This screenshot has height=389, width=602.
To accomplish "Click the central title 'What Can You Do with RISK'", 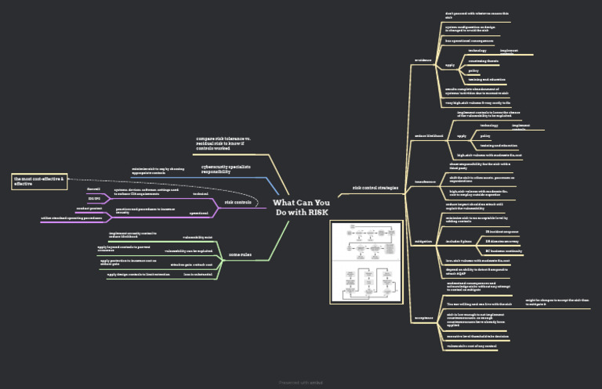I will tap(301, 207).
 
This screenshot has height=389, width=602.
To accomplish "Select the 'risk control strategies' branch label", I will tap(375, 188).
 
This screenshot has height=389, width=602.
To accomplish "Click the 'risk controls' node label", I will tap(238, 203).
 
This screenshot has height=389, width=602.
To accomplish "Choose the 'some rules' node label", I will tap(239, 254).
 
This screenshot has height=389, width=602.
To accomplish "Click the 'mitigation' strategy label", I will tap(423, 241).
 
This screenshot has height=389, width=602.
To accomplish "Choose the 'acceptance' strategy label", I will tap(423, 318).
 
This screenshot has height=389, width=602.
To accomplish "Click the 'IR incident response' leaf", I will tap(502, 232).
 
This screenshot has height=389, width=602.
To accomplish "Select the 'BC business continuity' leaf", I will tap(504, 251).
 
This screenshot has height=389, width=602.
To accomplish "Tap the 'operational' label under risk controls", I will tap(199, 213).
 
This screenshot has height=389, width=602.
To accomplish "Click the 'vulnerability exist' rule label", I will tap(198, 236).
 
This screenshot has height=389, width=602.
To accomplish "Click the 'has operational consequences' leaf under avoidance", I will tap(470, 40).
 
